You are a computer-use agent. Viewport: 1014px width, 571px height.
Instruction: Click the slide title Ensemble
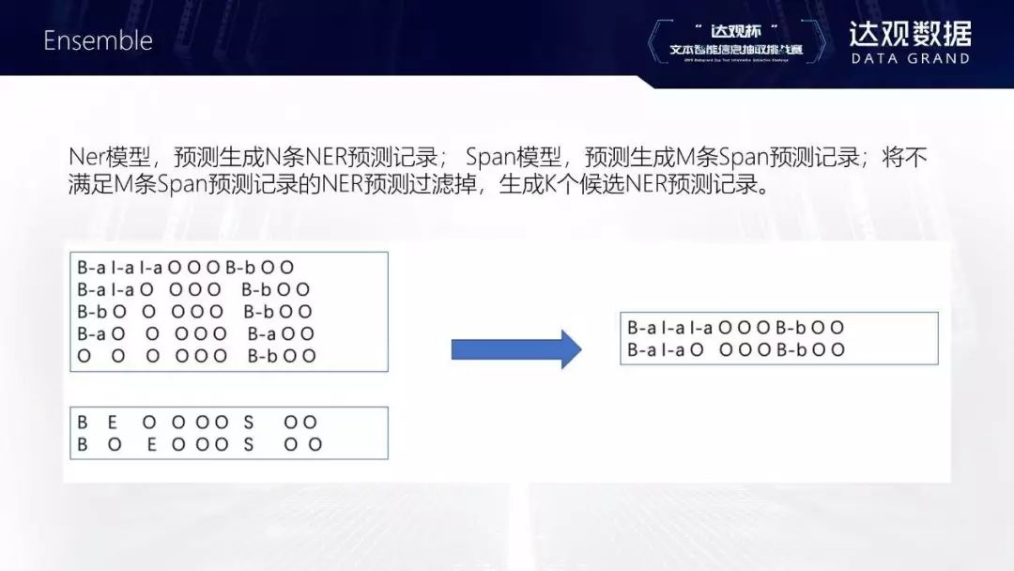click(x=98, y=40)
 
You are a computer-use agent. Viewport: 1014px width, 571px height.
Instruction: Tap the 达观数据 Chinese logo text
click(x=910, y=34)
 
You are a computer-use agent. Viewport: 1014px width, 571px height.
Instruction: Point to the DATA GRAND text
click(x=910, y=58)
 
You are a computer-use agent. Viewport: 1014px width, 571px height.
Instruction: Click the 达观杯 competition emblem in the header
click(x=737, y=40)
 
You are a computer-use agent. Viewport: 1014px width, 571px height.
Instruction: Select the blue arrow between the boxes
click(x=516, y=349)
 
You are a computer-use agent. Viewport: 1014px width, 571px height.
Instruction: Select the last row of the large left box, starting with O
click(x=196, y=356)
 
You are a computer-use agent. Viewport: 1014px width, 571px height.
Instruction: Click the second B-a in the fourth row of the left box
click(x=261, y=334)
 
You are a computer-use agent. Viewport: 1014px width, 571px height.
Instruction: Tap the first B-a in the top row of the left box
click(x=91, y=268)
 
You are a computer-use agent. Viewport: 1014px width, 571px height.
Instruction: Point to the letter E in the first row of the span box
click(x=113, y=423)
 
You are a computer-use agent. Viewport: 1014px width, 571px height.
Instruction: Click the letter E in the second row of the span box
click(x=151, y=445)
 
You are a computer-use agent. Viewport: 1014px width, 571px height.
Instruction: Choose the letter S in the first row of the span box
click(x=249, y=423)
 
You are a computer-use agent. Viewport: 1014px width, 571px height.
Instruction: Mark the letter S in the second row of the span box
click(x=249, y=445)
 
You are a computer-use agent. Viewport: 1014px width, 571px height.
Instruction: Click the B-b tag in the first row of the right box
click(x=791, y=328)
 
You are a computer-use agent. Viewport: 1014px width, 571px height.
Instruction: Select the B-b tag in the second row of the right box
click(x=791, y=350)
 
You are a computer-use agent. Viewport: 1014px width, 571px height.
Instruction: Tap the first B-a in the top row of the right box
click(x=641, y=328)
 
